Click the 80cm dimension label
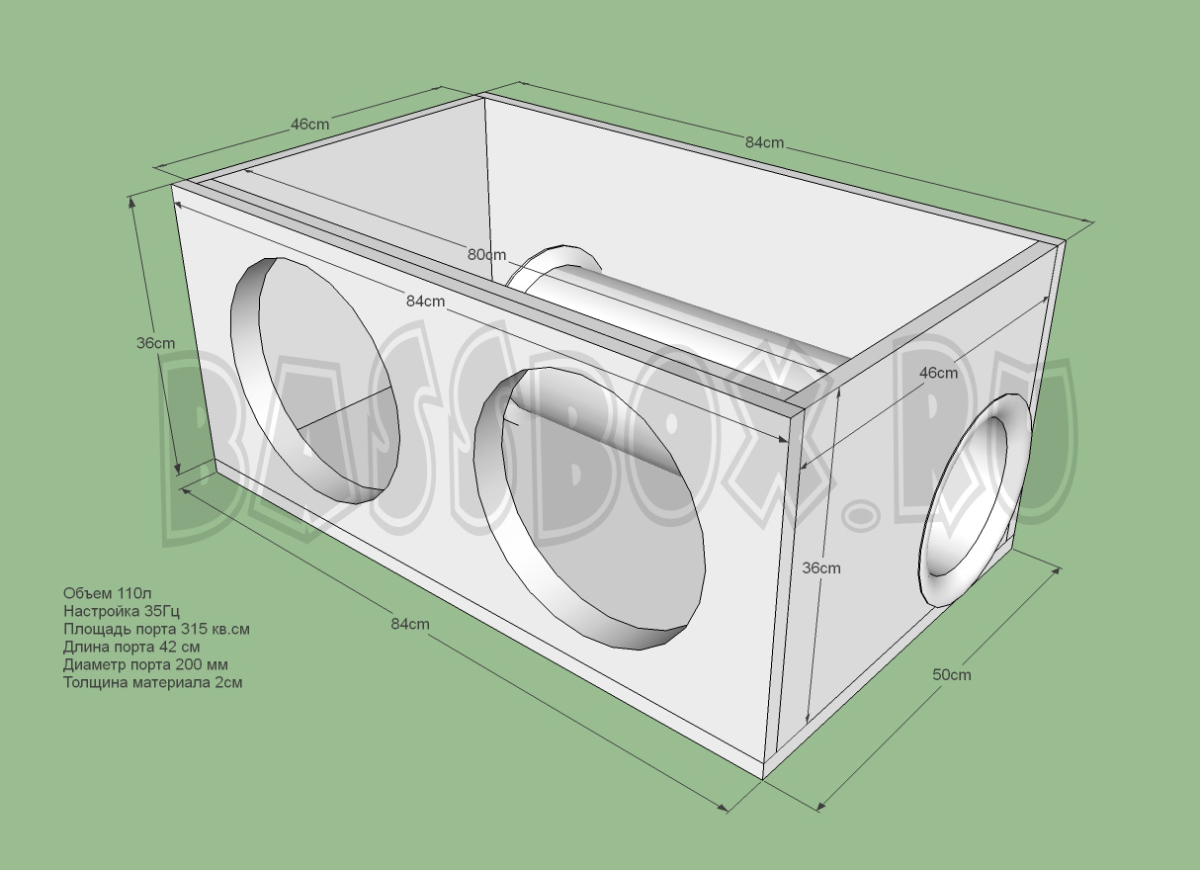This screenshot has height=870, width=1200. pos(486,254)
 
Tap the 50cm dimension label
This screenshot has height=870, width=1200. pos(952,674)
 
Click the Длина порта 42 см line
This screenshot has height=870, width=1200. pos(131,647)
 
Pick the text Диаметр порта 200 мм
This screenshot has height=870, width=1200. pos(145,664)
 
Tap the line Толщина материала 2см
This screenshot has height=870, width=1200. pos(152,682)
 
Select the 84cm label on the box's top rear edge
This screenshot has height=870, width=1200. pos(764,142)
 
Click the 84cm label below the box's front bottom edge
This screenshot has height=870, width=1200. pos(410,624)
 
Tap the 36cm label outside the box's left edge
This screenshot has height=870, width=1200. pos(155,343)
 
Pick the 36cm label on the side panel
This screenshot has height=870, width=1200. pos(820,567)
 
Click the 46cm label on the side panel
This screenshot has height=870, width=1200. pos(938,373)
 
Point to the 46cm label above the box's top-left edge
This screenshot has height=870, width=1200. pos(309,125)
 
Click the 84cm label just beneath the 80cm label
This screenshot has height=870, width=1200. pos(425,301)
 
